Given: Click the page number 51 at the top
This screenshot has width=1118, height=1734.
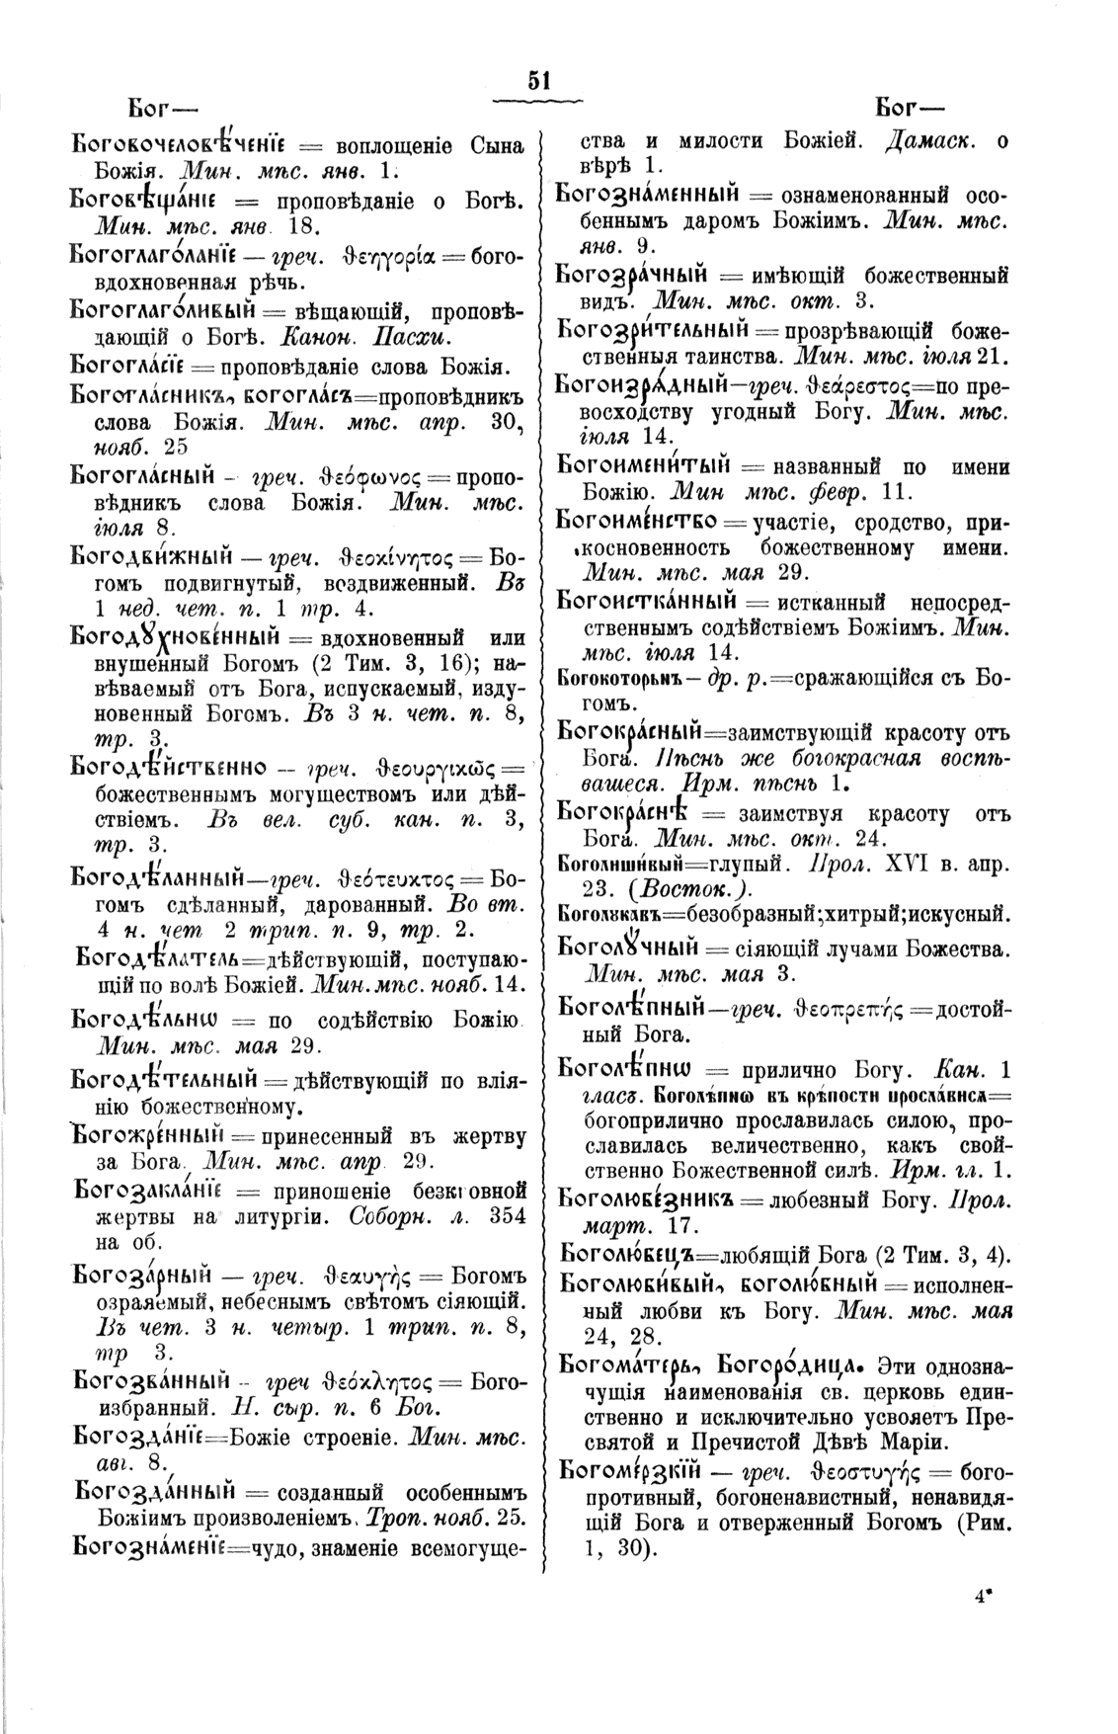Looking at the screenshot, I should point(539,80).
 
